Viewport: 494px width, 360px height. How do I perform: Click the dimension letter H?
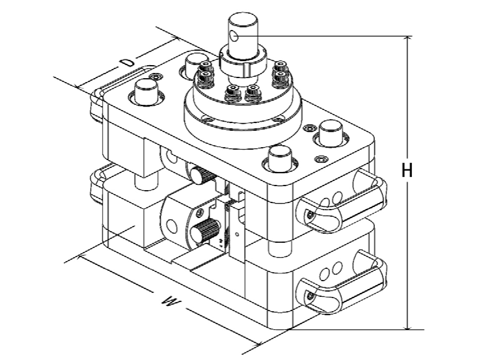click(407, 171)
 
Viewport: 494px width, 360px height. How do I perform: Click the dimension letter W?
click(171, 301)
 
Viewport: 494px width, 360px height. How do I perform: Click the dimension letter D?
click(128, 62)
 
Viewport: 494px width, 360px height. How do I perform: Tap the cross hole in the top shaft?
click(234, 36)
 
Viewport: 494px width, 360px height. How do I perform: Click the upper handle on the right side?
click(342, 202)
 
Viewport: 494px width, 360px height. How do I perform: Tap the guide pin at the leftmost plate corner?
click(146, 92)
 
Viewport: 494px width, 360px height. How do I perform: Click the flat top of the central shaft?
click(243, 18)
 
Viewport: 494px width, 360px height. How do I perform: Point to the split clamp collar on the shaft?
click(243, 61)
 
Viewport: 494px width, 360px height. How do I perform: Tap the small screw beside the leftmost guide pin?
click(156, 77)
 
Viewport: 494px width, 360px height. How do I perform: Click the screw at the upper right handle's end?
click(310, 215)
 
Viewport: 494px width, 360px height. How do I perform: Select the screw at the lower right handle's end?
click(310, 296)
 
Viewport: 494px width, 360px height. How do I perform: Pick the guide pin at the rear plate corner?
click(195, 64)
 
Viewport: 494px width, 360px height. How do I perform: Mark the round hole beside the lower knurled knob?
click(171, 226)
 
